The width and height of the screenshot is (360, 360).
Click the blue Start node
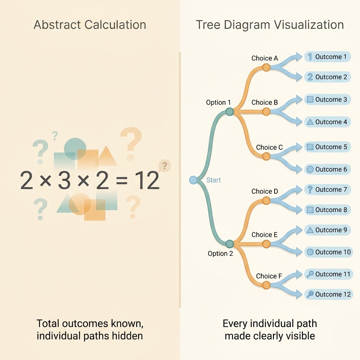pos(193,180)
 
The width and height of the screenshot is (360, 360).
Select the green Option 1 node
pos(229,111)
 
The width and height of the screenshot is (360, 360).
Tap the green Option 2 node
pos(229,244)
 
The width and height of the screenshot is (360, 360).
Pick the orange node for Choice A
pos(266,67)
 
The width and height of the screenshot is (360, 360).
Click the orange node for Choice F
pos(266,285)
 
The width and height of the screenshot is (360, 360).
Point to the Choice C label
pos(269,147)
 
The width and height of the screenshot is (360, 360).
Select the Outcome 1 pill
pos(328,57)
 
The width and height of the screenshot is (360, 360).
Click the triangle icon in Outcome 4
pos(310,122)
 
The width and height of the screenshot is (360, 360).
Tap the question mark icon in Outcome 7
pos(310,189)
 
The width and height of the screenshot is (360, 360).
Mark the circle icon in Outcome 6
pos(310,169)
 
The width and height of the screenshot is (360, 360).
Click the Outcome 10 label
pos(333,252)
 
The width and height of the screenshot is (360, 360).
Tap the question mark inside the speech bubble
pos(165,165)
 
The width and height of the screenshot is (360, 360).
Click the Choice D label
pos(265,191)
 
